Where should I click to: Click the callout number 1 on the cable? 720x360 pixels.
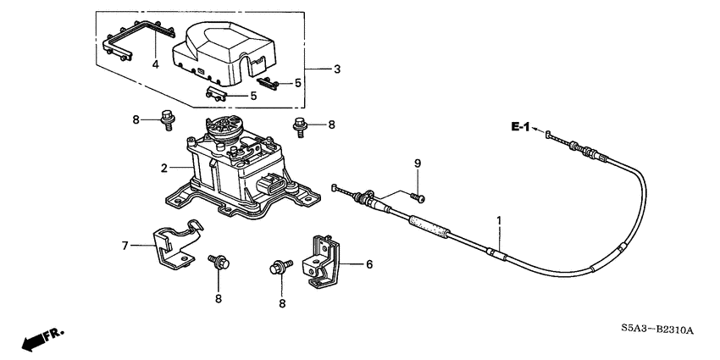coord(499,220)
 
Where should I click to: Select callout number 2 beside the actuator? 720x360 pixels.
coord(164,169)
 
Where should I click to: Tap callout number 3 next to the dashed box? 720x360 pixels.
coord(337,69)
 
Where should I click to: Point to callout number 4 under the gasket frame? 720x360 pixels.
coord(156,64)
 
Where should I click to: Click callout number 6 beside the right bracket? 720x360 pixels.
coord(369,264)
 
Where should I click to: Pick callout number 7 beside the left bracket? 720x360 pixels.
coord(125,246)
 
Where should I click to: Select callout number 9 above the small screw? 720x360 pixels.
coord(418,163)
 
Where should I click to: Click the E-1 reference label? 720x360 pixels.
coord(521,127)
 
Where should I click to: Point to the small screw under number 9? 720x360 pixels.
coord(418,197)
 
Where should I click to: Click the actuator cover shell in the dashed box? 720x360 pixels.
coord(224,54)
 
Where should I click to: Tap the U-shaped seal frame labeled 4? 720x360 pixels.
coord(138,40)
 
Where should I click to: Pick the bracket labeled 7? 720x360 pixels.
coord(178,244)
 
